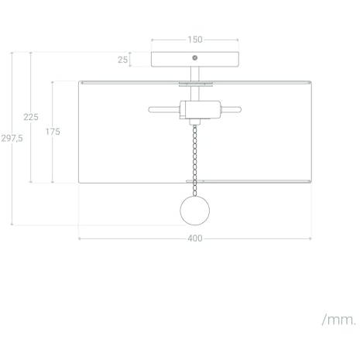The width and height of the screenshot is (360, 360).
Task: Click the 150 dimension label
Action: pos(195,39)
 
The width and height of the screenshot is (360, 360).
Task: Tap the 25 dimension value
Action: pos(122,60)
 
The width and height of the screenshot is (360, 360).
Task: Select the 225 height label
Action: pos(31,117)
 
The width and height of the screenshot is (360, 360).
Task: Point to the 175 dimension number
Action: pos(53,132)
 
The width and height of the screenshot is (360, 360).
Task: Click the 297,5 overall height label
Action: pos(12,139)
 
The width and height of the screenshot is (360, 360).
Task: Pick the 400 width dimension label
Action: pos(195,238)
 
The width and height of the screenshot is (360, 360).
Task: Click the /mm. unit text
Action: pos(339,320)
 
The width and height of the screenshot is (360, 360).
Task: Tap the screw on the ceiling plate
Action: pos(195,58)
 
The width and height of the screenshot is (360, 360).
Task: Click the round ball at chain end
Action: pos(195,211)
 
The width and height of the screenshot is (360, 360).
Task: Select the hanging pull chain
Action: pos(195,160)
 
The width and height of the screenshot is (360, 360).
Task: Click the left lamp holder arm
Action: pos(164,109)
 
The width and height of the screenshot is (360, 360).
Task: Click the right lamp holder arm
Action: pos(231,109)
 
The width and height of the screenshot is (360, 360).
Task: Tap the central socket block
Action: pos(201,110)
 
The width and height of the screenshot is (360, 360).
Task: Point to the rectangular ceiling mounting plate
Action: pos(195,60)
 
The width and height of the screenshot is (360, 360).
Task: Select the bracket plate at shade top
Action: pos(196,84)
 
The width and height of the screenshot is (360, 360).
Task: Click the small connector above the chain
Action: pos(195,122)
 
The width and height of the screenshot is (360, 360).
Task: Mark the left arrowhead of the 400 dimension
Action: pos(80,238)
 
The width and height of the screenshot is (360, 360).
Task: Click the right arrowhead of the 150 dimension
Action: pos(238,40)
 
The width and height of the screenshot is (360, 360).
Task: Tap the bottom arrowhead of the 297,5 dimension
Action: pos(12,224)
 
